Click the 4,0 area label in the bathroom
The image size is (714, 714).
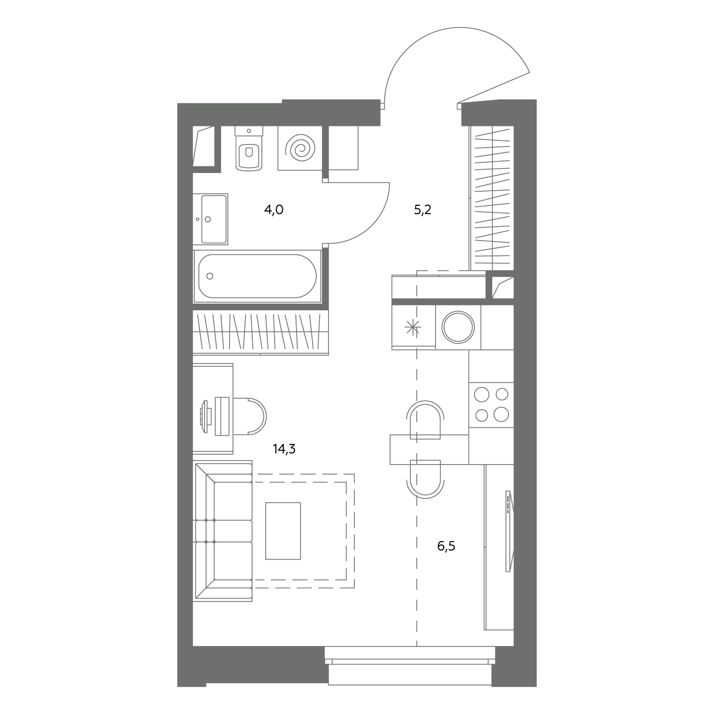[274, 210]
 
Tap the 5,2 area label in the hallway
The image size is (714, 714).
[422, 210]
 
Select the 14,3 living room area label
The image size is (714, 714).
[284, 449]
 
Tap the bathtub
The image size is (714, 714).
[258, 276]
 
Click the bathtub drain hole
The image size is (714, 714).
[210, 276]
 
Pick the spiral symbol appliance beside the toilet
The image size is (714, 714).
[300, 148]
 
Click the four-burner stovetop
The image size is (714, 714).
[492, 405]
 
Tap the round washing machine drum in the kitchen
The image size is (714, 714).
[459, 327]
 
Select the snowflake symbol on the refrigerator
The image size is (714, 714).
[412, 328]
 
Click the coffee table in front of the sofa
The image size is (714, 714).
[283, 531]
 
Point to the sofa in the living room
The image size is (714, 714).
[223, 531]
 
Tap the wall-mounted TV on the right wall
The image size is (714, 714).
[510, 531]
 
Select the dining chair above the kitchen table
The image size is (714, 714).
[425, 420]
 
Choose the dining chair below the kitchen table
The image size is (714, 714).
[425, 479]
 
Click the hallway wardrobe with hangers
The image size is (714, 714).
[492, 198]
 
